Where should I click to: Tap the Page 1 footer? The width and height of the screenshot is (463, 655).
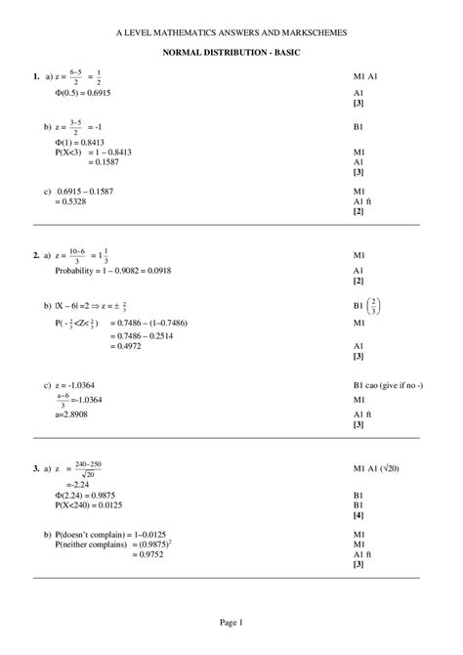tap(231, 622)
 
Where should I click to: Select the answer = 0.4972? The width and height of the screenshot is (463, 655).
tap(114, 346)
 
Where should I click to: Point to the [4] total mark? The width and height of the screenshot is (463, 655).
tap(358, 514)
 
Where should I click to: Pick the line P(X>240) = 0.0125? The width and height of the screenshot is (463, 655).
tap(94, 504)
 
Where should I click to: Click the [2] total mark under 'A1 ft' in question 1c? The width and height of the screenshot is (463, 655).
tap(358, 211)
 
